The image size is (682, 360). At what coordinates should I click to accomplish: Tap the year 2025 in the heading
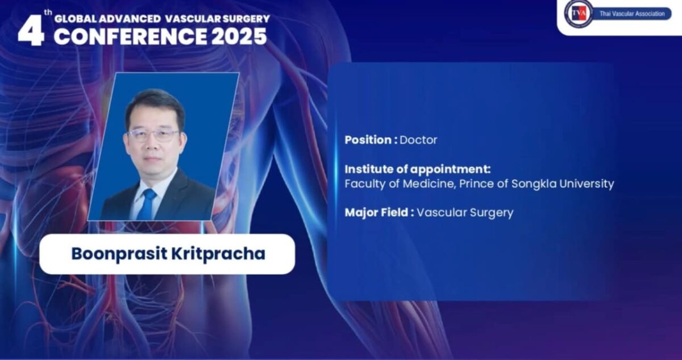[239, 36]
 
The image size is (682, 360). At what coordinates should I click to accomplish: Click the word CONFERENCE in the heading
[130, 36]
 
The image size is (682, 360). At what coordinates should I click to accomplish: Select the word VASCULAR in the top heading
[193, 19]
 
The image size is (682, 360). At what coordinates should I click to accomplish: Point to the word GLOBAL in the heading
[75, 19]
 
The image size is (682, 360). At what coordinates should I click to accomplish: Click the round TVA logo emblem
[579, 14]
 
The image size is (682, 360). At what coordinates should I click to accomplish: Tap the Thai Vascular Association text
[632, 14]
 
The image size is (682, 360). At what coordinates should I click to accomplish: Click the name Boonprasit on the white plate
[119, 254]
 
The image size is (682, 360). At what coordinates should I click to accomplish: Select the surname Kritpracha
[218, 254]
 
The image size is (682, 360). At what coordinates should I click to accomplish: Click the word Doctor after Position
[418, 140]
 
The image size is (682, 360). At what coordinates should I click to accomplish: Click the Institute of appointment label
[418, 169]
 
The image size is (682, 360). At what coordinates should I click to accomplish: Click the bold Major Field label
[380, 212]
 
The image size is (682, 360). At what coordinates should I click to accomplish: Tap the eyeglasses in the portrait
[154, 136]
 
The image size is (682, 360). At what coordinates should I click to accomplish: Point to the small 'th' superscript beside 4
[48, 13]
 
